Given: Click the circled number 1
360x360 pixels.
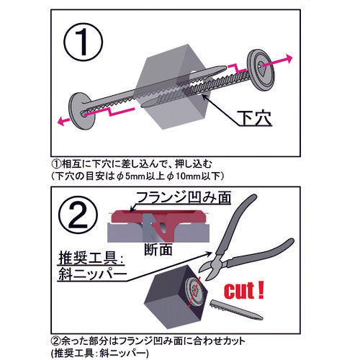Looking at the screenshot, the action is pyautogui.click(x=83, y=42).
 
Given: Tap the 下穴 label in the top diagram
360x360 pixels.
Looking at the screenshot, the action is pyautogui.click(x=254, y=118).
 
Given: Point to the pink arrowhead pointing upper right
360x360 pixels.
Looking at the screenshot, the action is pyautogui.click(x=289, y=58).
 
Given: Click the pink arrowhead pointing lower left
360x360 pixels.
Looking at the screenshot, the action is pyautogui.click(x=61, y=121).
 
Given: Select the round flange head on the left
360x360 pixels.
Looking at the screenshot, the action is pyautogui.click(x=81, y=111).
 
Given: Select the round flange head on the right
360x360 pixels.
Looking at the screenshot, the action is pyautogui.click(x=261, y=70).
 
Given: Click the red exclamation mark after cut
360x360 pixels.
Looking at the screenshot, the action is pyautogui.click(x=261, y=290).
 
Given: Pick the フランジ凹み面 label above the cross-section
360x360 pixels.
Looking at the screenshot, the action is pyautogui.click(x=184, y=198).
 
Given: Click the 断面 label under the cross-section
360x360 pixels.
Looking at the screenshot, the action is pyautogui.click(x=158, y=250).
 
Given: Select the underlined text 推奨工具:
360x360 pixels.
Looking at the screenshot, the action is pyautogui.click(x=91, y=258).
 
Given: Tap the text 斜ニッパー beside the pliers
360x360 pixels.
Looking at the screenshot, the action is pyautogui.click(x=93, y=274).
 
